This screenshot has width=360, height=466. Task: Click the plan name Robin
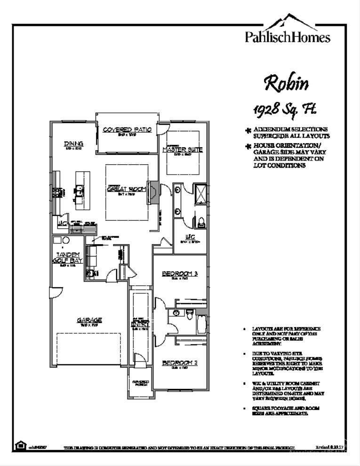[x=287, y=83]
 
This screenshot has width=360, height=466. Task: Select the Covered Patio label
[x=127, y=129]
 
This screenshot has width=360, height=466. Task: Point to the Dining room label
[x=73, y=144]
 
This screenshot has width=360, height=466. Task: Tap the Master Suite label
[x=182, y=150]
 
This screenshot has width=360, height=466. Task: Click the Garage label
[x=89, y=321]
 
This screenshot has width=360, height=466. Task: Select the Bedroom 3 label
[x=179, y=274]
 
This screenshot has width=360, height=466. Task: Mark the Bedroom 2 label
[x=179, y=362]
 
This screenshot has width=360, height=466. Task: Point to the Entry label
[x=140, y=324]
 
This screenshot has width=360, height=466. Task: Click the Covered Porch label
[x=140, y=383]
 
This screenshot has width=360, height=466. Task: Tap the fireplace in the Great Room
[x=152, y=192]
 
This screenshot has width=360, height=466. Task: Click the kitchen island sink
[x=80, y=191]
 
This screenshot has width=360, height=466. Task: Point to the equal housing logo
[x=20, y=445]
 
